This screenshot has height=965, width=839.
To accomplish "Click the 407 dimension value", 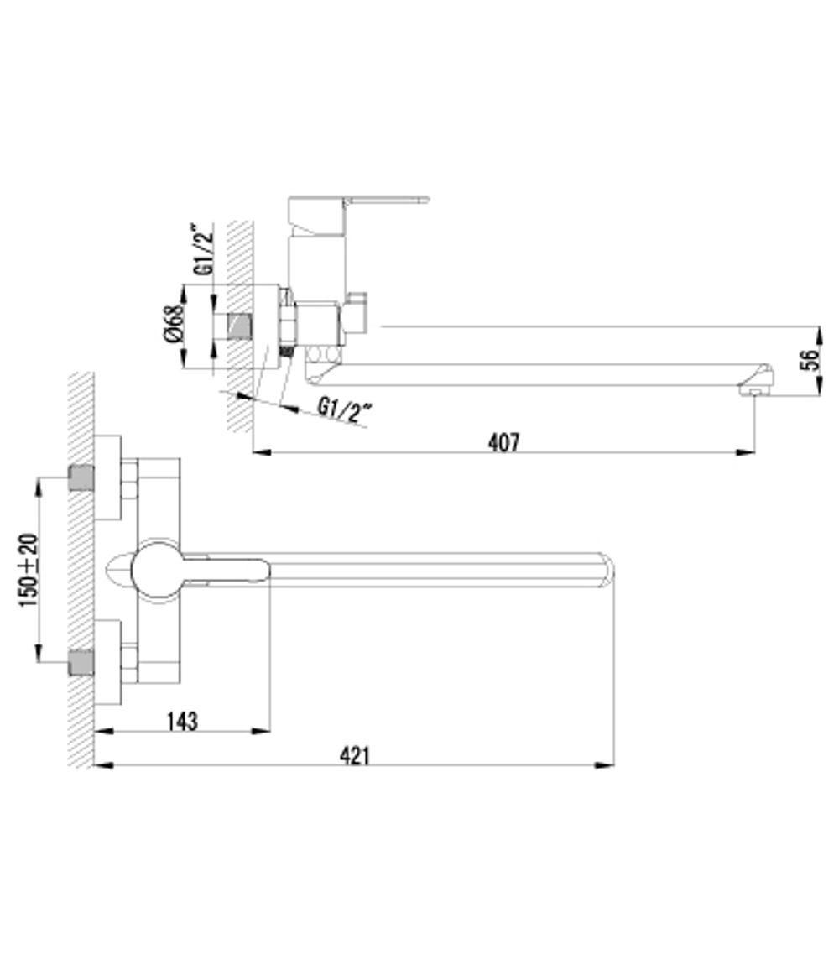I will pos(503,441).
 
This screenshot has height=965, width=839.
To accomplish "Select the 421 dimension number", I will pos(355,754).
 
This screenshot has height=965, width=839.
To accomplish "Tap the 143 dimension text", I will pos(181,720).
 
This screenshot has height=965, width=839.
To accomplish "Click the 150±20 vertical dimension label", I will pos(29,571).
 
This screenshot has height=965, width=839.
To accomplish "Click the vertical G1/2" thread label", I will pos(202,249).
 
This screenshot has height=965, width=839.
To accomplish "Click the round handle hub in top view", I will pos(158,571).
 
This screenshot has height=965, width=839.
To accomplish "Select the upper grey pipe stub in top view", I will pos(81,478).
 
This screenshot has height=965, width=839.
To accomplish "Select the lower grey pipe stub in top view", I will pos(81,662).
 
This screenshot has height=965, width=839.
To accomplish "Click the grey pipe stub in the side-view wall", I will pos(238,326).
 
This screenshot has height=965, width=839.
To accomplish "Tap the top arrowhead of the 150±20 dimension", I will pos(39,483).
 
